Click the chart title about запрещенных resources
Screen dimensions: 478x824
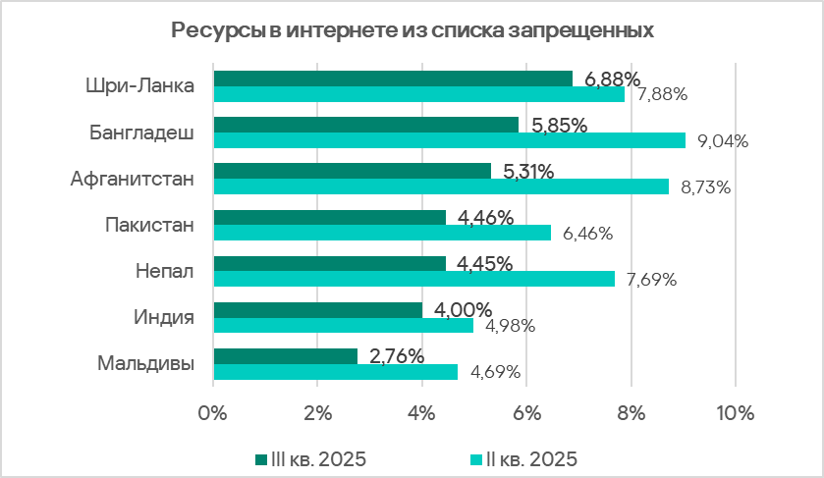coord(412,29)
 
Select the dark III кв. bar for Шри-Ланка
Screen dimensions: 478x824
coord(393,79)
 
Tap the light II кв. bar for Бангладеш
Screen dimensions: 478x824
coord(449,140)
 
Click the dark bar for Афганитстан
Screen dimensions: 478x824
coord(352,171)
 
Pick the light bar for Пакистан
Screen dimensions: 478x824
coord(382,233)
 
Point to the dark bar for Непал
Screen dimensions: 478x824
coord(329,263)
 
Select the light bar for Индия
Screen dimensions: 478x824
coord(343,325)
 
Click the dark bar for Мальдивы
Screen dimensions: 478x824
coord(285,355)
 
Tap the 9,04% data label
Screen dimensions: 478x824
coord(723,140)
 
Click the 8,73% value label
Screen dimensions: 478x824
coord(705,186)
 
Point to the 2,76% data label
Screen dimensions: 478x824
coord(397,355)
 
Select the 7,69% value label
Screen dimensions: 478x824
coord(651,280)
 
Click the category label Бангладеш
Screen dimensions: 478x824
coord(141,132)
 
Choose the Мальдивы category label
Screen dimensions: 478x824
coord(145,363)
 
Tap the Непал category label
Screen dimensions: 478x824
coord(163,271)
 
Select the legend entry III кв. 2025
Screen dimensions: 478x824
coord(311,458)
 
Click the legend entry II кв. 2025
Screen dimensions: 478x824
coord(524,458)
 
